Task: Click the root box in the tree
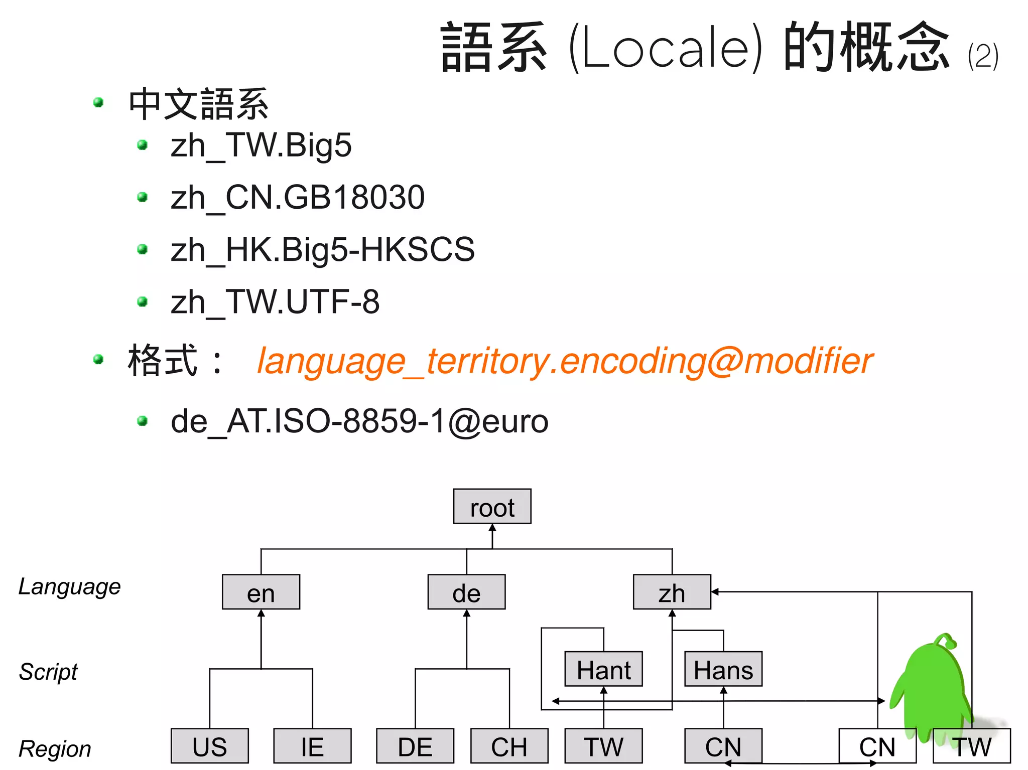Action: (x=492, y=507)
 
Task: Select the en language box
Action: (x=261, y=592)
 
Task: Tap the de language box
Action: (x=466, y=592)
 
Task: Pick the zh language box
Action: (x=672, y=592)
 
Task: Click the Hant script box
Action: (x=603, y=669)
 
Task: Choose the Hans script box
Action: (x=723, y=669)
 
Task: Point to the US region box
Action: (x=209, y=746)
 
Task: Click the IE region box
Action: (x=312, y=746)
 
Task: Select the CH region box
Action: (x=509, y=746)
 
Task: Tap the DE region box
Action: (x=415, y=746)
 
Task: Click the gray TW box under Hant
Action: (x=603, y=746)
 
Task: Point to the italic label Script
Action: (x=48, y=672)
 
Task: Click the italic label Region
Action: (x=55, y=749)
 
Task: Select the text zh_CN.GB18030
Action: (x=297, y=197)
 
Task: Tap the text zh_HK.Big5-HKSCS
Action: (x=322, y=249)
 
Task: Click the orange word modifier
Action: (x=808, y=361)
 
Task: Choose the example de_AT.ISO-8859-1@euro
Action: (x=359, y=421)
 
